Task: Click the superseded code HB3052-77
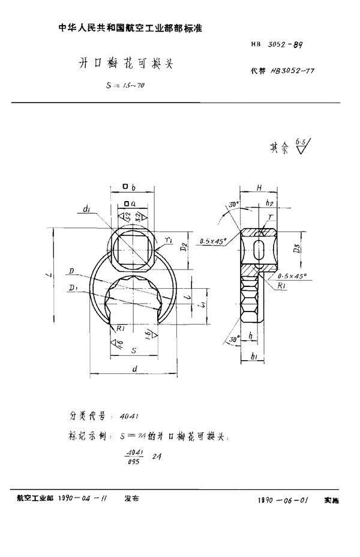click(294, 70)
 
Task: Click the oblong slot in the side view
click(258, 251)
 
